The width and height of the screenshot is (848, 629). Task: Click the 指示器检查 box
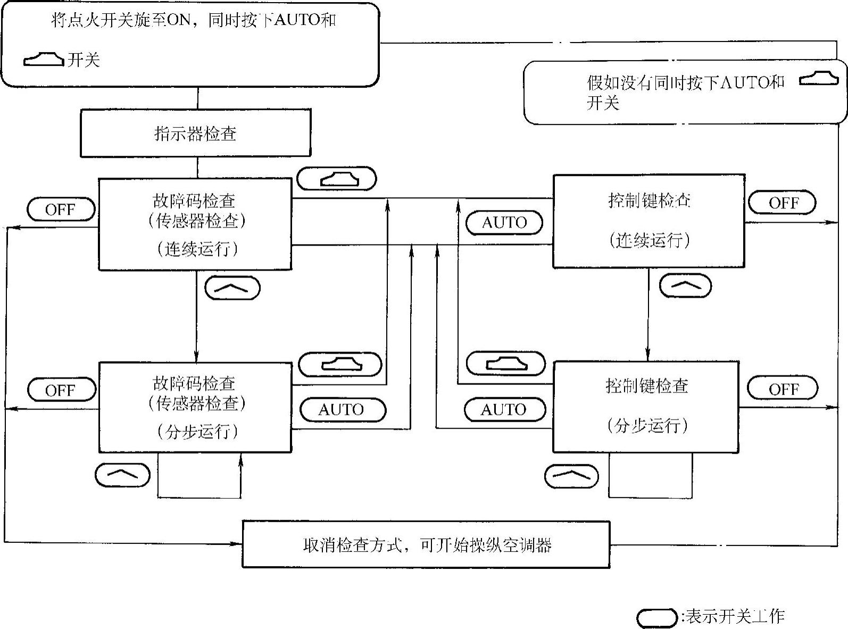pos(195,133)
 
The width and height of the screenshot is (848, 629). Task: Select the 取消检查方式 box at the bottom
pos(426,544)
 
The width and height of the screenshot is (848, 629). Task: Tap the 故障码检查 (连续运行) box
pos(195,224)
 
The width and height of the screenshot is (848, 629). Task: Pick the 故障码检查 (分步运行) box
pos(195,407)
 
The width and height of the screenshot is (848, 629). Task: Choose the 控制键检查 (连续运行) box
pos(649,221)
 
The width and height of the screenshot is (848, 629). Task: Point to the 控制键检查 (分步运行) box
pos(646,407)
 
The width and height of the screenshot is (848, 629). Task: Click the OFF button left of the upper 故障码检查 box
pos(61,209)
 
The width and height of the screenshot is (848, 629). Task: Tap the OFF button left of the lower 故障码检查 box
pos(61,390)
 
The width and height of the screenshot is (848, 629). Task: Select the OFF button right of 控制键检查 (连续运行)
pos(782,203)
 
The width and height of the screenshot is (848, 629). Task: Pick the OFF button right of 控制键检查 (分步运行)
pos(782,389)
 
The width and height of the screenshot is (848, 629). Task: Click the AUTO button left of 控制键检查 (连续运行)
pos(504,222)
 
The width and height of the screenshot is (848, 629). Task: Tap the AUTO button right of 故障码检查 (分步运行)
pos(342,409)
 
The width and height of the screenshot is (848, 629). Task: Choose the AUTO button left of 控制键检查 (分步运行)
pos(504,409)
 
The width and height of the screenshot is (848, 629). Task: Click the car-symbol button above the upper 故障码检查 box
pos(337,179)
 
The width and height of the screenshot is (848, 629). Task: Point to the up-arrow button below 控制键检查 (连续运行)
pos(685,286)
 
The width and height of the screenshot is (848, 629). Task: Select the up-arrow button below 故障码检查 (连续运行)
pos(232,288)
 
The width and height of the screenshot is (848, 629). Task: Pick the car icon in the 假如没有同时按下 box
pos(819,79)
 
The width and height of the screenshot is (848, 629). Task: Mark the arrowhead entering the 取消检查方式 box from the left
pos(237,544)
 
